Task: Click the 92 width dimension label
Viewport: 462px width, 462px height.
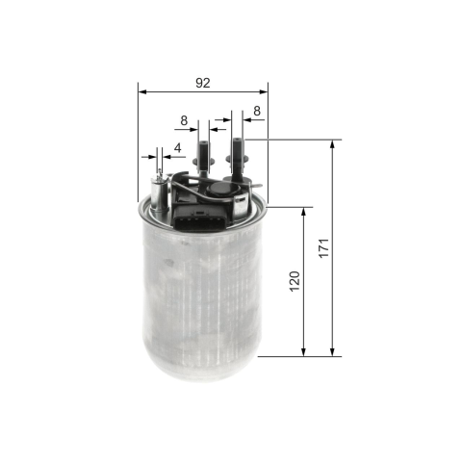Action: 203,83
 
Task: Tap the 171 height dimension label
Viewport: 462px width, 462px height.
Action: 324,247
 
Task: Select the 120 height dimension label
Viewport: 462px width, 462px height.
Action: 295,281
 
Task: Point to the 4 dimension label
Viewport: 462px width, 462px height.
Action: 177,148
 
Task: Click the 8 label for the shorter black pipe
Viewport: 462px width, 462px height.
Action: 184,120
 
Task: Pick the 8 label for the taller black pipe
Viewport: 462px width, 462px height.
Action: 257,111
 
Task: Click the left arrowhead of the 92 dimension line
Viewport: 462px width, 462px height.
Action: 142,92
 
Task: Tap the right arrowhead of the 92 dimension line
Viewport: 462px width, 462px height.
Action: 264,92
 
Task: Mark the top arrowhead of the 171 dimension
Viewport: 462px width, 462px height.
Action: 332,144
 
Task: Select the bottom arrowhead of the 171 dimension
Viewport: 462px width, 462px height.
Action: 332,352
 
